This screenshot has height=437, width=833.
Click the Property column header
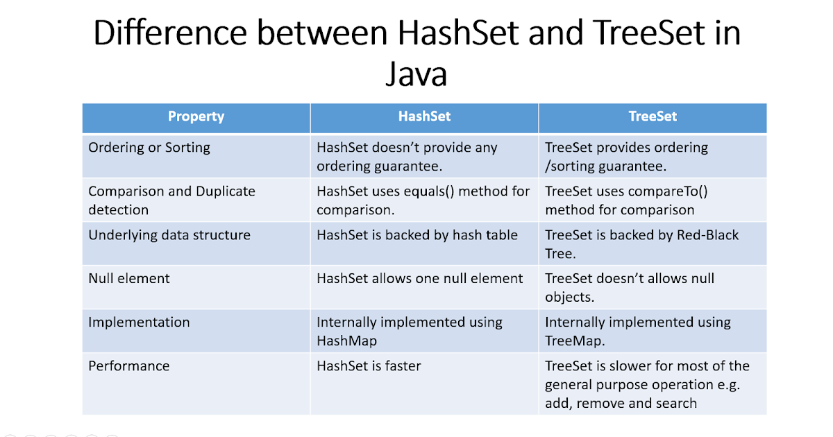pyautogui.click(x=196, y=117)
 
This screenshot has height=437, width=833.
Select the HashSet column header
pyautogui.click(x=424, y=117)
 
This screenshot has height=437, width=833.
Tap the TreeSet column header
pyautogui.click(x=652, y=117)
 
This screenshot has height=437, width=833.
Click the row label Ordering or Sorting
pyautogui.click(x=149, y=148)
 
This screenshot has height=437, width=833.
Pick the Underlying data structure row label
pyautogui.click(x=169, y=235)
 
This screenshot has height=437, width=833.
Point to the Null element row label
pyautogui.click(x=129, y=279)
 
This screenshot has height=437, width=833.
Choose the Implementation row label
pyautogui.click(x=139, y=323)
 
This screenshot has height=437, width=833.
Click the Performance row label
pyautogui.click(x=128, y=366)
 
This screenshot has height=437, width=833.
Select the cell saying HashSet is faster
pyautogui.click(x=369, y=366)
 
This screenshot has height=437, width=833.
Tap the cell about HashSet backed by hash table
pyautogui.click(x=417, y=235)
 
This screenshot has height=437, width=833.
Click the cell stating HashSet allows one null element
pyautogui.click(x=419, y=279)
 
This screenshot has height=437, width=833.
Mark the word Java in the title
pyautogui.click(x=416, y=74)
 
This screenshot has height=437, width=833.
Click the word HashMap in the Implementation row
pyautogui.click(x=346, y=341)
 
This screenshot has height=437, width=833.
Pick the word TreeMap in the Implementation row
pyautogui.click(x=573, y=341)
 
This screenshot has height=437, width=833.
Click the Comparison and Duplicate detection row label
pyautogui.click(x=171, y=200)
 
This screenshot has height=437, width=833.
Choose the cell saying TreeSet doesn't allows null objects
pyautogui.click(x=629, y=288)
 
